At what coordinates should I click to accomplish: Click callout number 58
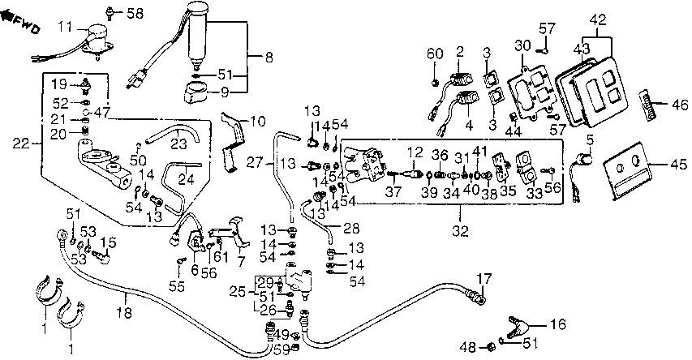click(x=134, y=13)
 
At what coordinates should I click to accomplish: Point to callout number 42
click(x=599, y=18)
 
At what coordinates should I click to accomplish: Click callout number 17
click(x=484, y=281)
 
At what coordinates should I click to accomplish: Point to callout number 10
click(x=257, y=122)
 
